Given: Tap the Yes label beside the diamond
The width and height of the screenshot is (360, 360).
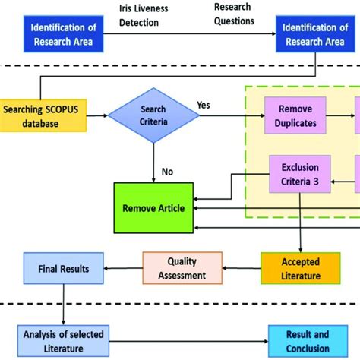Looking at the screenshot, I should click(x=204, y=106).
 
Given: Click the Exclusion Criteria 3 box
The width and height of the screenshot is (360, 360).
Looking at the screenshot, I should click(x=298, y=174).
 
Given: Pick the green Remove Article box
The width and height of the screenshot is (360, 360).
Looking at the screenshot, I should click(x=153, y=207).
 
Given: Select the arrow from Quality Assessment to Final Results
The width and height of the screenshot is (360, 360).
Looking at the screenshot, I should click(x=122, y=268).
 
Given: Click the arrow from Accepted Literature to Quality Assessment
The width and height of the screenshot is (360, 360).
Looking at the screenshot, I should click(x=241, y=268).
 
